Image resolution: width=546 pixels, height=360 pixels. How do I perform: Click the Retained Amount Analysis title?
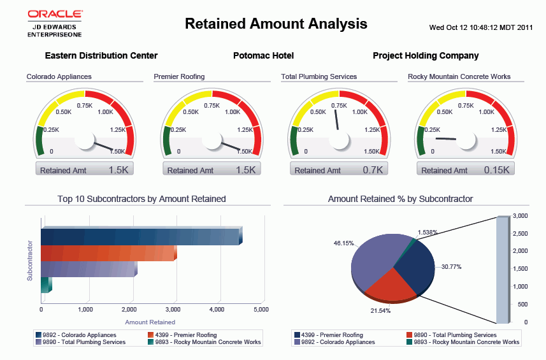click(276, 24)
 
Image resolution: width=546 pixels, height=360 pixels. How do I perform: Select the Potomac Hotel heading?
click(263, 56)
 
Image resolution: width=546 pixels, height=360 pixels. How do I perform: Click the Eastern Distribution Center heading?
click(101, 56)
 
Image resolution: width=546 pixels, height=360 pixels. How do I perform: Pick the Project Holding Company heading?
click(426, 56)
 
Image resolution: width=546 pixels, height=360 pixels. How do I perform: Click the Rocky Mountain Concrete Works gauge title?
click(459, 76)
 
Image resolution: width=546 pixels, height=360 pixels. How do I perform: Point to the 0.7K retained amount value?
click(372, 170)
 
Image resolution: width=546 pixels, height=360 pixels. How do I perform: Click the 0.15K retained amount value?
click(496, 170)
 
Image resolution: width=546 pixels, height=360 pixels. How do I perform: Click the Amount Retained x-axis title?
click(150, 322)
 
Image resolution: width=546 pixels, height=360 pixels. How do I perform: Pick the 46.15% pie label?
click(343, 243)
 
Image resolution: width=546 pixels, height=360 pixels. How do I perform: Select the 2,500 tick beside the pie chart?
click(521, 233)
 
